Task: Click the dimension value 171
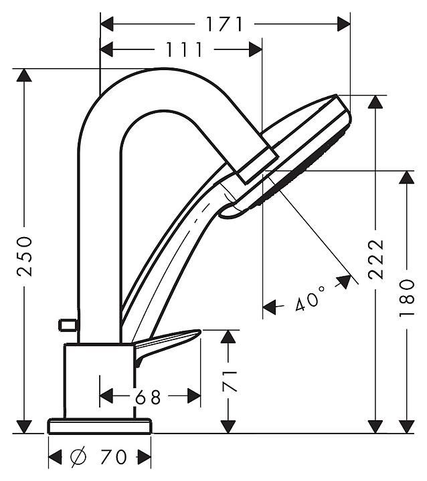[224, 25]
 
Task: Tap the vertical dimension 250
[25, 255]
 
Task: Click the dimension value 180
[407, 298]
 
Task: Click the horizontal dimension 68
[149, 397]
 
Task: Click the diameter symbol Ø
[78, 457]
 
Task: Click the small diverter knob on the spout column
[68, 325]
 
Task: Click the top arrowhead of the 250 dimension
[25, 75]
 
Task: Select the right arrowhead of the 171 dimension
[343, 25]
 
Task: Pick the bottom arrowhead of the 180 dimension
[407, 426]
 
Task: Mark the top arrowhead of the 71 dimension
[229, 336]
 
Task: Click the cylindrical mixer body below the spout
[100, 381]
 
